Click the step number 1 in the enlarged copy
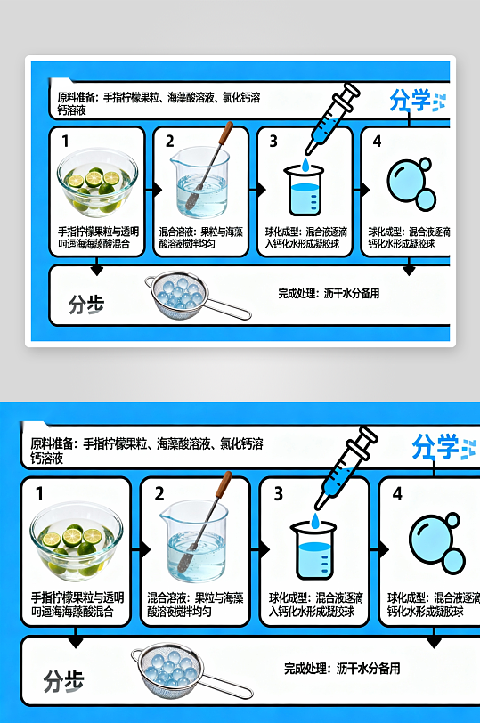pos(39,493)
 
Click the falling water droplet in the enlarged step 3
pos(317,520)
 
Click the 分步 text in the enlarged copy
pos(63,681)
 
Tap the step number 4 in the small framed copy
pos(377,141)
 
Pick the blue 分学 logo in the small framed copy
pos(410,101)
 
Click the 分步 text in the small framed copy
pos(86,305)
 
